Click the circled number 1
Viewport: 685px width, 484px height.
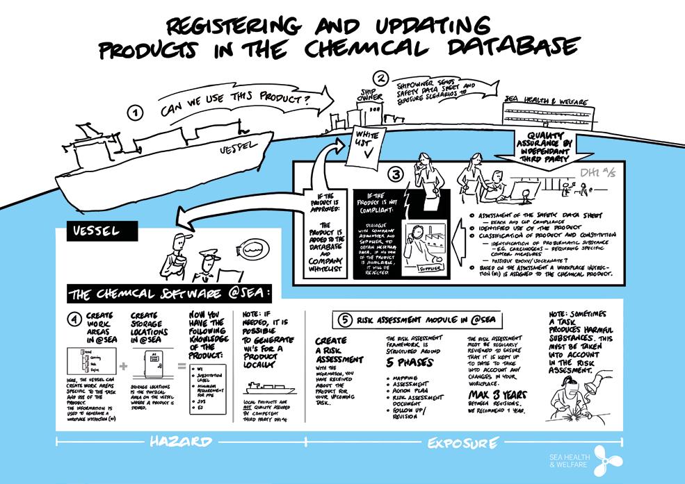tap(136, 112)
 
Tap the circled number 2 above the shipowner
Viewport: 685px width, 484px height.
tap(380, 78)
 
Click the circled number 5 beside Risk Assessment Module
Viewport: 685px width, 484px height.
tap(345, 319)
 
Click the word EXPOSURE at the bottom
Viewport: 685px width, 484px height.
tap(462, 442)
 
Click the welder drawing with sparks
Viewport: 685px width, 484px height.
tap(574, 407)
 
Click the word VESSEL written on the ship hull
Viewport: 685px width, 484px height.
tap(234, 147)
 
